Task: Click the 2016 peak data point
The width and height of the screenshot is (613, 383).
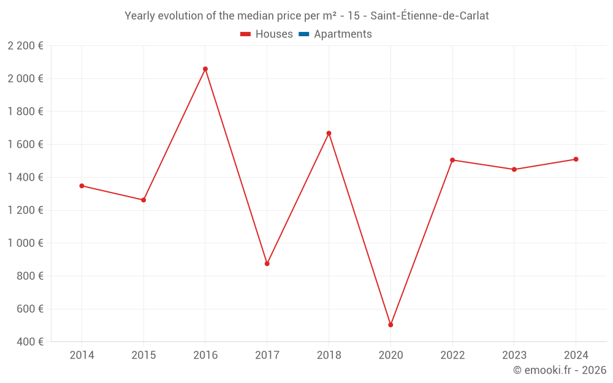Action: (x=205, y=69)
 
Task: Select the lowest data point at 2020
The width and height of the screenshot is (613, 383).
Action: (x=390, y=325)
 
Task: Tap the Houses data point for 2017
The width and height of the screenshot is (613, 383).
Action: (x=267, y=264)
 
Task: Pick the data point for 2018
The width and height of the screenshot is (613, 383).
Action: (x=329, y=134)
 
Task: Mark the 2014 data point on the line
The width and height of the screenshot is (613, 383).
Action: (x=82, y=186)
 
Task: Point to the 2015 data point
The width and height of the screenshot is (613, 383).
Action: (x=143, y=200)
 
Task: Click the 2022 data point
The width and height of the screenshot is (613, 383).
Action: (x=452, y=160)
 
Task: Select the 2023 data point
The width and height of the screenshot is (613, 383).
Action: (x=514, y=170)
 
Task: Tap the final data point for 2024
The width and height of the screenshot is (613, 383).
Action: (x=576, y=159)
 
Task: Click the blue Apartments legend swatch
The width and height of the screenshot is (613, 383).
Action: (x=303, y=34)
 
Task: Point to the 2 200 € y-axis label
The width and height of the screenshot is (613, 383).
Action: (x=25, y=46)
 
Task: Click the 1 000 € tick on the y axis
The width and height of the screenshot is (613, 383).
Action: (x=25, y=243)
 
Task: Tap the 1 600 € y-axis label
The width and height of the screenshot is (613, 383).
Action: (x=25, y=145)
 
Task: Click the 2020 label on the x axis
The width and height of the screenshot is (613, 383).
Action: (x=390, y=355)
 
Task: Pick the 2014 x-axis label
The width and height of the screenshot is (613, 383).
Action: (x=82, y=355)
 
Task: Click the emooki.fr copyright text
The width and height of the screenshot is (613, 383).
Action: (x=559, y=370)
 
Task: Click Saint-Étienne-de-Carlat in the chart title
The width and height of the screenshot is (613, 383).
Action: (x=430, y=16)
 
